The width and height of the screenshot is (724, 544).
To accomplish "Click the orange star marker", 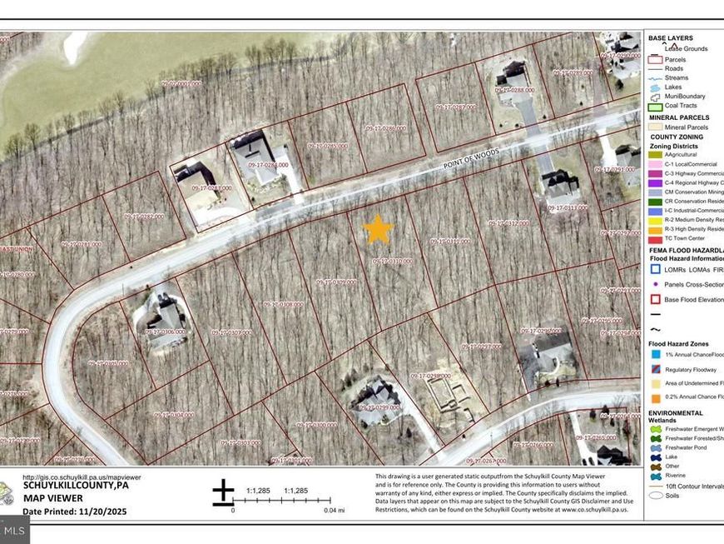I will pyautogui.click(x=378, y=228).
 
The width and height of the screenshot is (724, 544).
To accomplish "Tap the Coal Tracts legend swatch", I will pyautogui.click(x=655, y=106).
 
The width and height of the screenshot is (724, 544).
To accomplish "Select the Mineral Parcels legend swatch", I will pyautogui.click(x=655, y=127).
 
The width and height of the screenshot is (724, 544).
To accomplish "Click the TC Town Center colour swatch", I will pyautogui.click(x=655, y=238).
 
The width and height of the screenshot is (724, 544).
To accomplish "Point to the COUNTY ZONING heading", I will pyautogui.click(x=676, y=137).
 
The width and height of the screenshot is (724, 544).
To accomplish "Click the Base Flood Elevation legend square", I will pyautogui.click(x=655, y=298).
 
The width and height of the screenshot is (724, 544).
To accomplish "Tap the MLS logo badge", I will pyautogui.click(x=15, y=529).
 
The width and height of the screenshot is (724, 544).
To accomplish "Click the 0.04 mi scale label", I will pyautogui.click(x=334, y=509).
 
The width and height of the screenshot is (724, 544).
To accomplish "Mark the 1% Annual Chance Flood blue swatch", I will pyautogui.click(x=655, y=354).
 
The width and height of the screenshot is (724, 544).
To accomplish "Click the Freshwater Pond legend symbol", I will pyautogui.click(x=655, y=447).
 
